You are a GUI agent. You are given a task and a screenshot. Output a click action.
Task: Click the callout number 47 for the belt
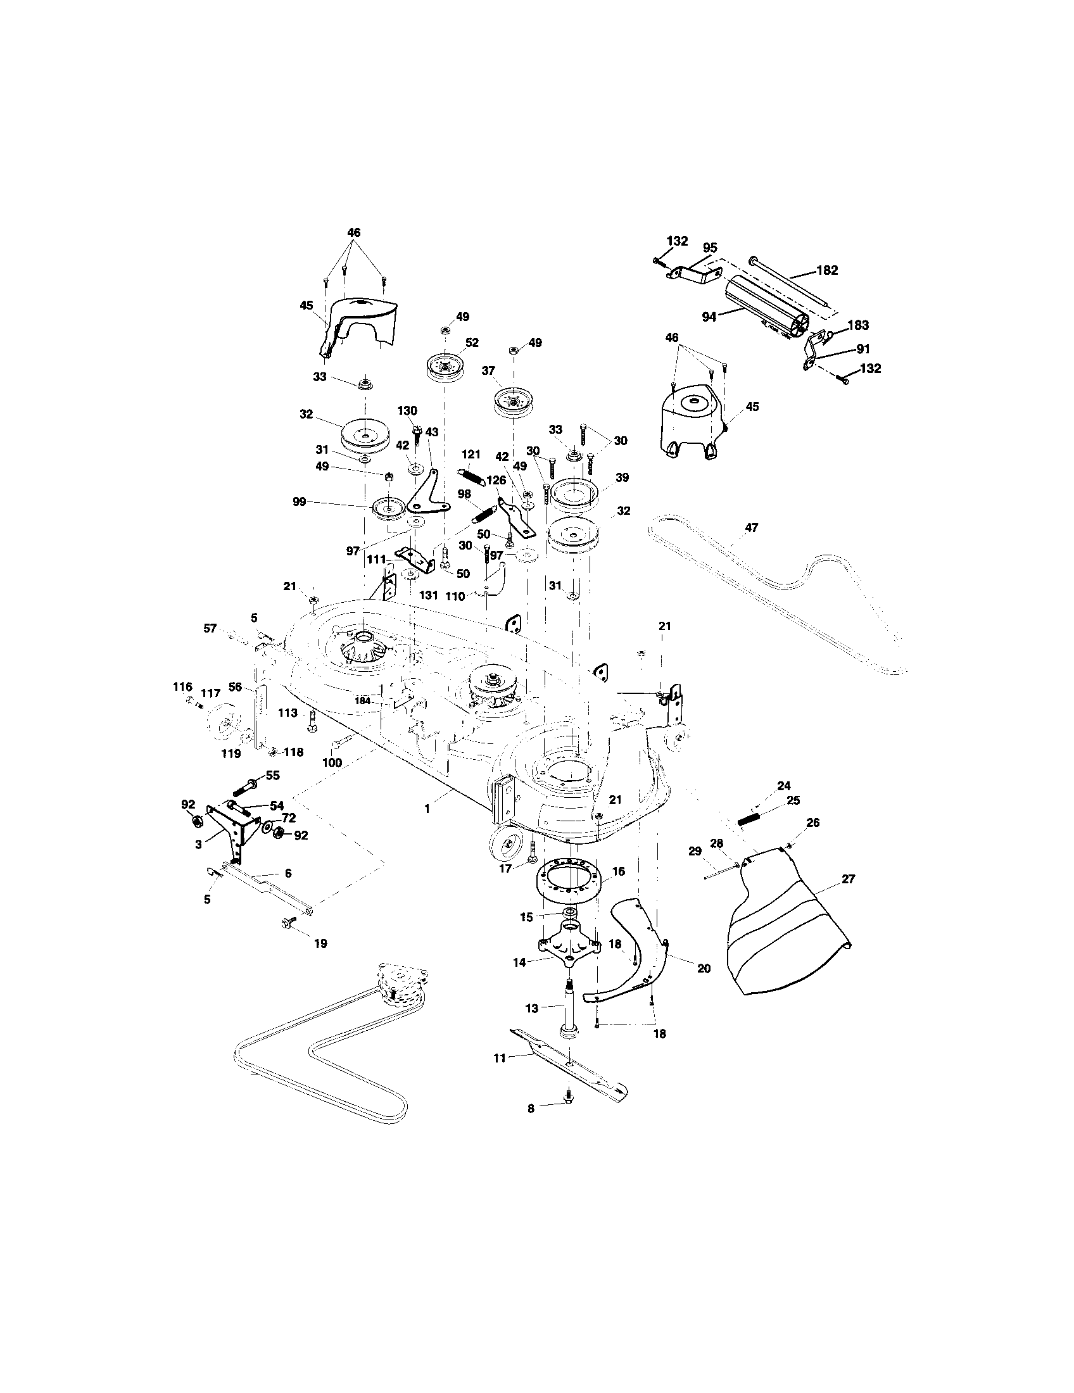click(x=751, y=527)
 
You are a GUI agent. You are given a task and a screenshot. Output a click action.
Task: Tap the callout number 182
click(x=827, y=270)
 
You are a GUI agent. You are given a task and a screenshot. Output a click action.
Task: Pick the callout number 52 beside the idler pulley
click(x=471, y=343)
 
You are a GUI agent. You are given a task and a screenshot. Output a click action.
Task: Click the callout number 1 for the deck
click(x=427, y=808)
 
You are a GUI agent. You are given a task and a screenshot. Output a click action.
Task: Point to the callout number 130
click(x=407, y=410)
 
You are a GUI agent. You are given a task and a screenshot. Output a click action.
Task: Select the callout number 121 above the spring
click(x=471, y=454)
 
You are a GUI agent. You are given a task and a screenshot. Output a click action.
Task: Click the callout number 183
click(x=859, y=325)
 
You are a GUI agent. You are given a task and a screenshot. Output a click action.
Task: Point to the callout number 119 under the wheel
click(x=231, y=753)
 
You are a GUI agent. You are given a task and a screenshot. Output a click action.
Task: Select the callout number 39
click(x=622, y=477)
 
